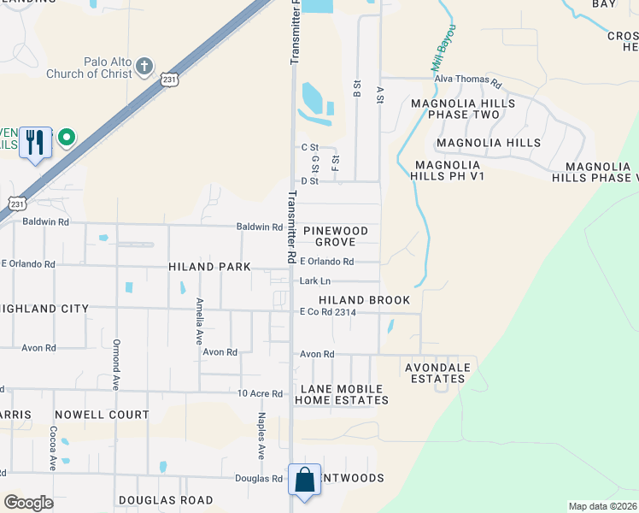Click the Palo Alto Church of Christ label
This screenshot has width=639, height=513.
coord(107,68)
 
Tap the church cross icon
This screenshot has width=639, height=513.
coord(144,65)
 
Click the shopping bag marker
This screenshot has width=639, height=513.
coord(305,480)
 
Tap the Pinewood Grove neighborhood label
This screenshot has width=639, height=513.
coord(336,236)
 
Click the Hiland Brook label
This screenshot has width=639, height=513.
coord(364,300)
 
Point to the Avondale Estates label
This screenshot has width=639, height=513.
coord(437,374)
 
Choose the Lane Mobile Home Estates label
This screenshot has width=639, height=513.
coord(342,393)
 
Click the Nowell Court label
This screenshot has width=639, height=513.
coord(101,415)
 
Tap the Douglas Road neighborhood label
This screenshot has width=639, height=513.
coord(166,500)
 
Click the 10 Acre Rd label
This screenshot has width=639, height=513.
coord(260,393)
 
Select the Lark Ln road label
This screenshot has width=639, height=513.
coord(314,280)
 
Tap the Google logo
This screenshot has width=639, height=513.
coord(28,503)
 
